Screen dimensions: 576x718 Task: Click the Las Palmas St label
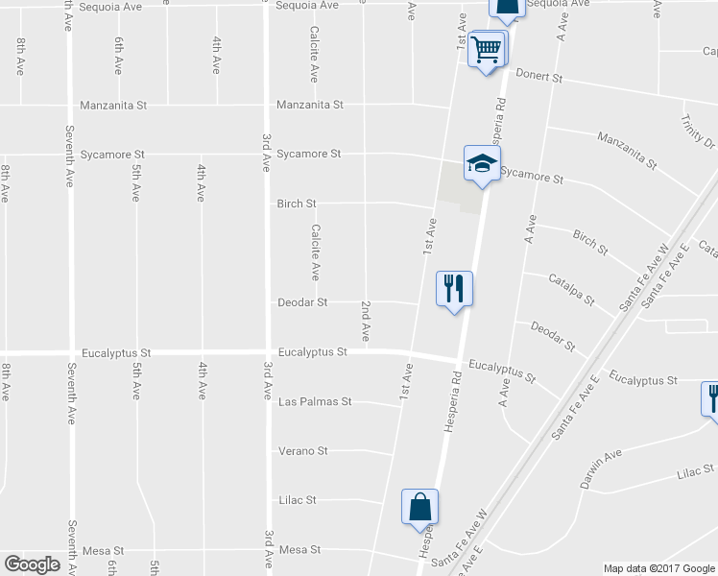(315, 401)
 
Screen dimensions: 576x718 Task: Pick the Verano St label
(302, 450)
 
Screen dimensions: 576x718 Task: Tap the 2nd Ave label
(366, 322)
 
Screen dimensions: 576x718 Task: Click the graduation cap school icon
(482, 162)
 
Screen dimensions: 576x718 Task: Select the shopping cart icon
(488, 48)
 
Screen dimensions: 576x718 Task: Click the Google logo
(32, 564)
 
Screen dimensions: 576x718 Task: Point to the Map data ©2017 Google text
(659, 568)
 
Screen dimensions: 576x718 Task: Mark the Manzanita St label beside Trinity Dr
(626, 151)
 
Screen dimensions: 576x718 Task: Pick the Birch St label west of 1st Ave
(297, 204)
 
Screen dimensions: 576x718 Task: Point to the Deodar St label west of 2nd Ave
(302, 301)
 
